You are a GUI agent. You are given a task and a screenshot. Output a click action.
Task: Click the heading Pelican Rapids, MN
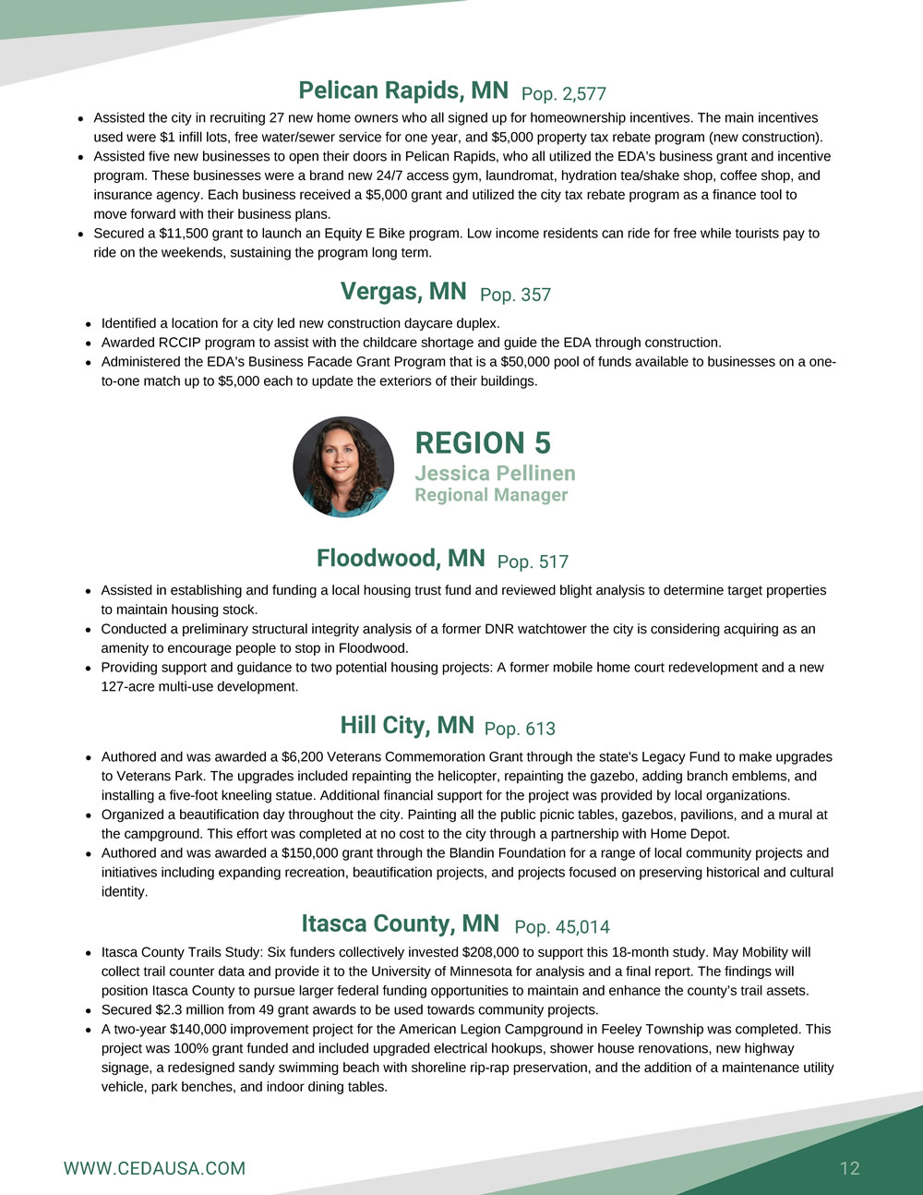point(402,91)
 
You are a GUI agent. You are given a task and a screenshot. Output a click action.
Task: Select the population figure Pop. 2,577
point(563,93)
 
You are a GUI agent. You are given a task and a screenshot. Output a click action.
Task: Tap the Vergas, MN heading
point(403,292)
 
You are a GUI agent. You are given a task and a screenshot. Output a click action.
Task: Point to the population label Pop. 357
point(515,295)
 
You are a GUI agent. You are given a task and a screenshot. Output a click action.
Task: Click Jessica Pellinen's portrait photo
point(343,466)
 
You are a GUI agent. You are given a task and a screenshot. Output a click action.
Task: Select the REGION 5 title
point(483,443)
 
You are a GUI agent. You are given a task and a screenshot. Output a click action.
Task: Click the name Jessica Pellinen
point(495,473)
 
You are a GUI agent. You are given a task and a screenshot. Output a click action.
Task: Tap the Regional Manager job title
point(491,495)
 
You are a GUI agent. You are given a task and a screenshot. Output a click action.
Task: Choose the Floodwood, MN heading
point(401,558)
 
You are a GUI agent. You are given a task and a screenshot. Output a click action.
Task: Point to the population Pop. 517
point(533,561)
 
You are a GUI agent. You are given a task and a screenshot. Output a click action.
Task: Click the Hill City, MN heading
point(407,725)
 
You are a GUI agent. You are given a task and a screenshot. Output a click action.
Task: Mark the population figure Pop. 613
point(520,729)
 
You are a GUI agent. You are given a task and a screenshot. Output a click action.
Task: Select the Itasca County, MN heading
point(401,923)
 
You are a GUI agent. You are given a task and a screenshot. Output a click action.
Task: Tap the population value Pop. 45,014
point(562,926)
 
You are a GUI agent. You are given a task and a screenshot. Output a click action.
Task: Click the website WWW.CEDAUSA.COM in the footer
point(154,1168)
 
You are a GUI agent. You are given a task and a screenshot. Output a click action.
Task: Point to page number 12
point(849,1168)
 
